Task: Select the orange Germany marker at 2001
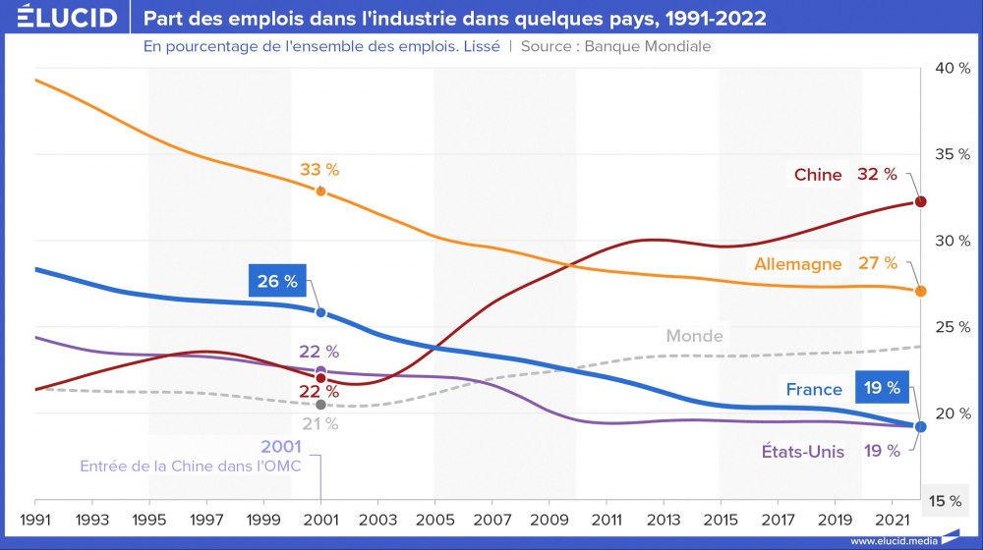coord(320,191)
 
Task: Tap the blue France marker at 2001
coord(320,312)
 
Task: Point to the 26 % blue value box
coord(277,282)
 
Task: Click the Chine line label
coord(818,175)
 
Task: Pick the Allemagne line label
coord(798,264)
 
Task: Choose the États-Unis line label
coord(802,452)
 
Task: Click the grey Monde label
coord(694,336)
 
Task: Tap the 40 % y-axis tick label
coord(952,68)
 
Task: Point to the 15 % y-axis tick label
coord(946,501)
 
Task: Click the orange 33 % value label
coord(319,169)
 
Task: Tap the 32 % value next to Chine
coord(877,174)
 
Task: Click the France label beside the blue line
coord(814,389)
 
